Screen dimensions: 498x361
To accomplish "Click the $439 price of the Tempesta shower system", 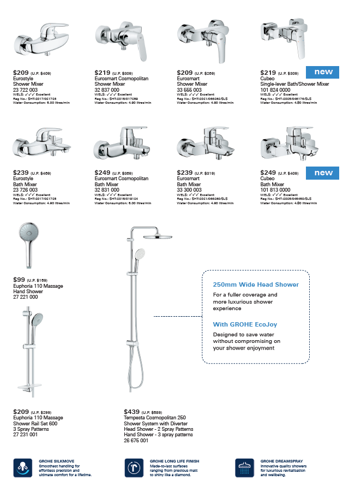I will (x=131, y=411).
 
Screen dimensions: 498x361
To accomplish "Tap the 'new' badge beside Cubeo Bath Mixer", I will (x=323, y=173).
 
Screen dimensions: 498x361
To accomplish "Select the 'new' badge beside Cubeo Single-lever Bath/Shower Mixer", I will (x=323, y=72).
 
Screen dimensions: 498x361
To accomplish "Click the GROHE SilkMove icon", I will (x=22, y=468).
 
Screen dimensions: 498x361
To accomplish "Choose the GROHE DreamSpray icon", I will (x=244, y=468).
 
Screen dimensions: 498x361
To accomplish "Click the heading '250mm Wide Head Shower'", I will (x=256, y=284).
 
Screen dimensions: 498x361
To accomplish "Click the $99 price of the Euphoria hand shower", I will (x=19, y=280).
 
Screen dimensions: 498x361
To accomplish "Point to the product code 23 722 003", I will (x=26, y=90).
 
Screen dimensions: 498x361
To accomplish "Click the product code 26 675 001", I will (x=136, y=440).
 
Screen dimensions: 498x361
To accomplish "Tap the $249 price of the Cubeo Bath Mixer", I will (x=268, y=173).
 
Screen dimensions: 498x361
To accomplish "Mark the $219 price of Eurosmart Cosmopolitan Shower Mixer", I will (x=103, y=72).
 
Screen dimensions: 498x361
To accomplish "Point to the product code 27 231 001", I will (x=26, y=435).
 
